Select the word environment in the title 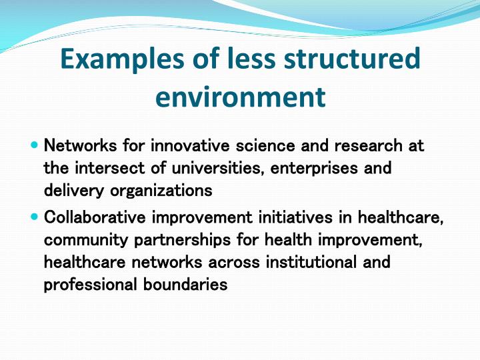pos(240,97)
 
